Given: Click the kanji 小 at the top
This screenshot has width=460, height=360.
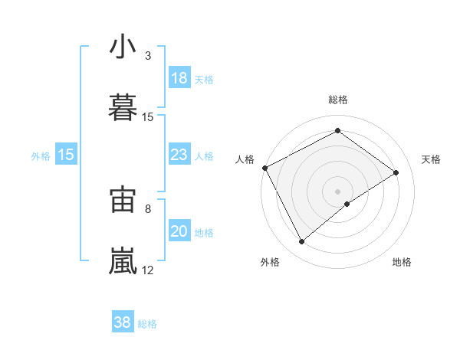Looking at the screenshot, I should pos(123,47).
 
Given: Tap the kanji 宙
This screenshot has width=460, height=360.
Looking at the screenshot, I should pos(123,200).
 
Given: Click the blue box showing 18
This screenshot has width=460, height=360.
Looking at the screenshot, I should pos(179,78).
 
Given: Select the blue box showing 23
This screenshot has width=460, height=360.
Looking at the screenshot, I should pos(179,155).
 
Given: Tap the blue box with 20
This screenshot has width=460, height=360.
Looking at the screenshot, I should pos(179,232).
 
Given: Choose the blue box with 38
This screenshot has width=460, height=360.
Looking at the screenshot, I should pos(123,323).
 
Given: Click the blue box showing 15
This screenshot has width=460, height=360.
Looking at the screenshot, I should pos(66,155).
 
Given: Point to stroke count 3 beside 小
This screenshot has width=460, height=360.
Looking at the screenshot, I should pos(148,56).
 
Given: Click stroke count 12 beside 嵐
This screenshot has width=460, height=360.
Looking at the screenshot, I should pos(148,270).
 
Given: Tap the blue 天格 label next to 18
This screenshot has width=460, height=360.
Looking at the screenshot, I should pos(204,80).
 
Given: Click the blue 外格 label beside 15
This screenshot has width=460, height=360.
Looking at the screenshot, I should pos(41,156).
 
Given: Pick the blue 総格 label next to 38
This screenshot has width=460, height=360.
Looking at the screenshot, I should pos(147,325).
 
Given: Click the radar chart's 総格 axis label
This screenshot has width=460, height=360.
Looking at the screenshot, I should pos(338,100).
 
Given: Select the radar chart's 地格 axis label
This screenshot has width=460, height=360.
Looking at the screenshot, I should pos(402,263).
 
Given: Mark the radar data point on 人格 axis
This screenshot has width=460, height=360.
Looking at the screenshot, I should pos(264,168).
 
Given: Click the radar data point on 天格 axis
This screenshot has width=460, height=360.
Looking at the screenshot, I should pos(396,172).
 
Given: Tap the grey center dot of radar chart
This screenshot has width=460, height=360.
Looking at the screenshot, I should pos(338,191).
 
